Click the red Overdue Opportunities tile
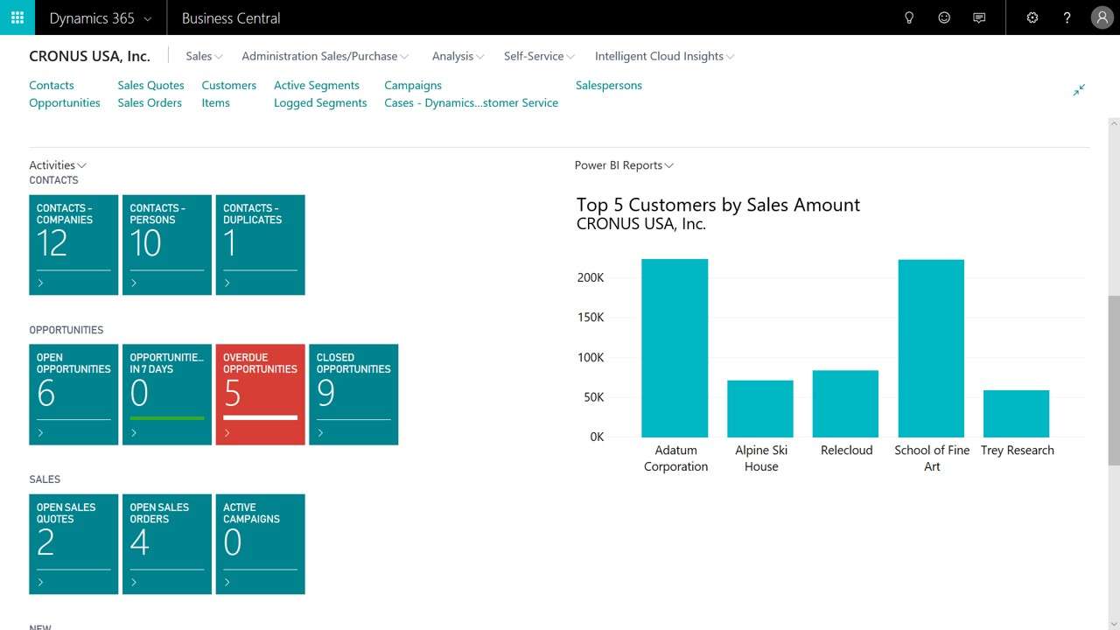click(x=260, y=394)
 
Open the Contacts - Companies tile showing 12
click(x=73, y=244)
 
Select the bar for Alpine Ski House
click(x=759, y=409)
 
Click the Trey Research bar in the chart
click(x=1016, y=414)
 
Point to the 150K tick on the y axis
click(x=591, y=318)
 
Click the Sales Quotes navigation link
click(x=150, y=85)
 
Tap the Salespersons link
click(x=608, y=85)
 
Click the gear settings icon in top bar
click(x=1032, y=17)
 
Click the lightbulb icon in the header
click(x=909, y=17)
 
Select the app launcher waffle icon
click(x=17, y=17)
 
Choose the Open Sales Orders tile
click(x=166, y=543)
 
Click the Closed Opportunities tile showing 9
click(x=353, y=394)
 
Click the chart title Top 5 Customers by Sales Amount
click(x=717, y=205)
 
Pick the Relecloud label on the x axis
click(x=846, y=450)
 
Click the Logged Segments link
click(x=320, y=102)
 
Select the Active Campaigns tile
click(x=260, y=543)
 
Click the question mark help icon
click(x=1067, y=17)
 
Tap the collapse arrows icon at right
click(x=1079, y=90)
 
